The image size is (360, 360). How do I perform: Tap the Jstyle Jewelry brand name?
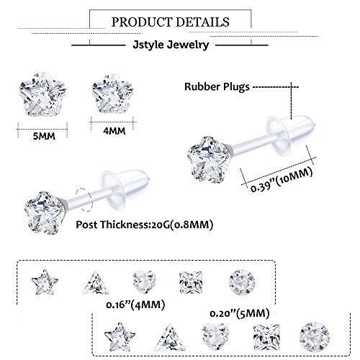click(x=180, y=45)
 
